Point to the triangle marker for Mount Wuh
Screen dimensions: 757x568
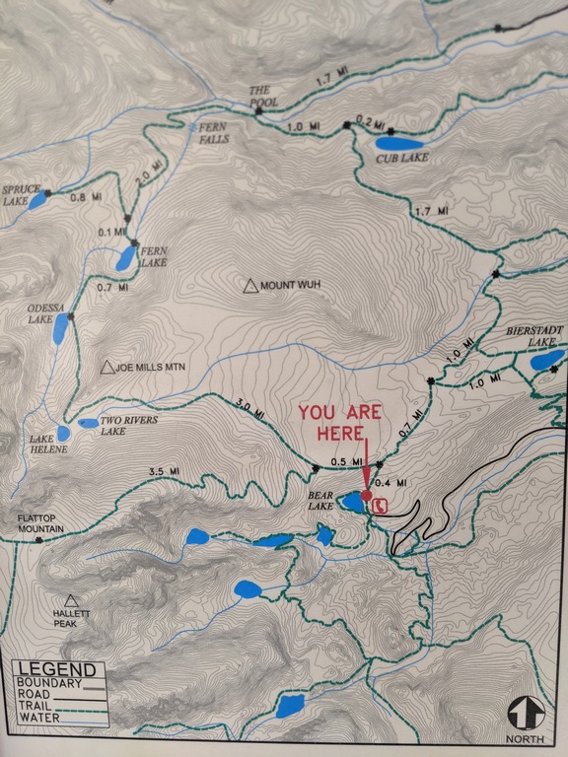pyautogui.click(x=250, y=286)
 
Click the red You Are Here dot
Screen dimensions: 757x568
pyautogui.click(x=367, y=496)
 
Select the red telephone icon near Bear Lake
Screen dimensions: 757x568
pyautogui.click(x=381, y=504)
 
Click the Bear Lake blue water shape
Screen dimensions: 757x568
pyautogui.click(x=352, y=504)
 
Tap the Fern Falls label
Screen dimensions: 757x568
pyautogui.click(x=213, y=132)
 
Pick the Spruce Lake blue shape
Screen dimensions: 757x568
pyautogui.click(x=36, y=201)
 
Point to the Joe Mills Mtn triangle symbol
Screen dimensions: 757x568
pyautogui.click(x=106, y=368)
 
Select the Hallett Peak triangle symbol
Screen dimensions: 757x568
pyautogui.click(x=71, y=600)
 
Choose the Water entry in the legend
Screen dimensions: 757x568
pyautogui.click(x=39, y=718)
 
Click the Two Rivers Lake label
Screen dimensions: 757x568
pyautogui.click(x=128, y=425)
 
